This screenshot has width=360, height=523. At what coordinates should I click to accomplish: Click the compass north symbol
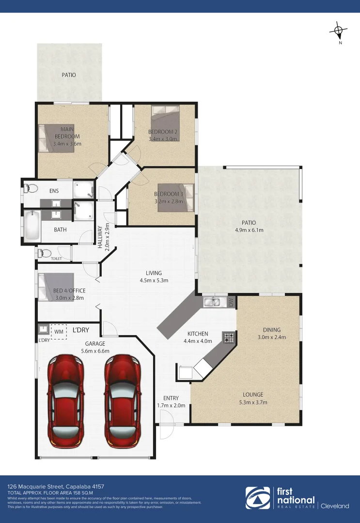click(339, 31)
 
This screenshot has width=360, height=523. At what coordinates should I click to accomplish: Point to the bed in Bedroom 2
click(165, 123)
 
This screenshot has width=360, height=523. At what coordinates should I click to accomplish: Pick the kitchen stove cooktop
click(228, 337)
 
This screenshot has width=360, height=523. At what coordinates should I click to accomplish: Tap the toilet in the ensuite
click(31, 188)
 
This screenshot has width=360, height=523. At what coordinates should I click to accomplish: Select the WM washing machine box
click(59, 332)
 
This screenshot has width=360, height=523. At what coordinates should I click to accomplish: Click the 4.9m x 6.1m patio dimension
click(249, 230)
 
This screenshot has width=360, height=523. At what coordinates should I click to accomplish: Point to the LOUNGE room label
click(253, 395)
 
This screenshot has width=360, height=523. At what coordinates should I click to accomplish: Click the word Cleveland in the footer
click(335, 506)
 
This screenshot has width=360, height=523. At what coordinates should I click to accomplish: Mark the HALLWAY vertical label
click(101, 237)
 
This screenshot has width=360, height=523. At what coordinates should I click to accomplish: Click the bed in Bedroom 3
click(176, 198)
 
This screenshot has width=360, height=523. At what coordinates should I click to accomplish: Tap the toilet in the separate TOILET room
click(44, 253)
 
